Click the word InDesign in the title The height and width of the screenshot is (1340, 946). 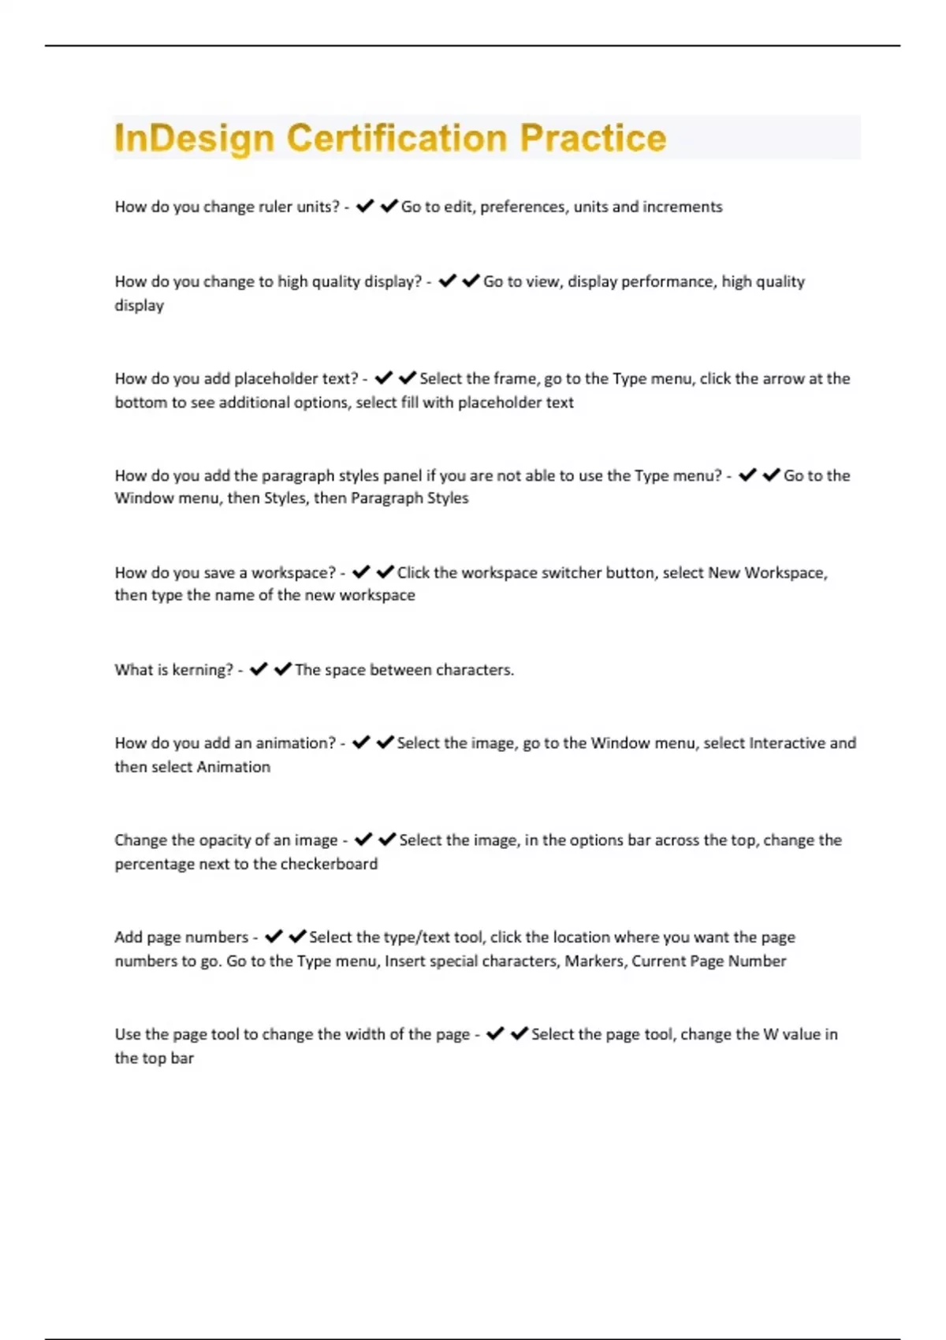[193, 139]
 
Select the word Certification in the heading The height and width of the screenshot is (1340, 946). [397, 138]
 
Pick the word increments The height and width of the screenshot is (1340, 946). [682, 207]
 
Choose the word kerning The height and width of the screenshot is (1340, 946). [203, 670]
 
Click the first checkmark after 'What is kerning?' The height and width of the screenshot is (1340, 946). [259, 669]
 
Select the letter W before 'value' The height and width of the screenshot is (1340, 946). [771, 1034]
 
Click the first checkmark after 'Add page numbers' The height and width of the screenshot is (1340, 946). [274, 936]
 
